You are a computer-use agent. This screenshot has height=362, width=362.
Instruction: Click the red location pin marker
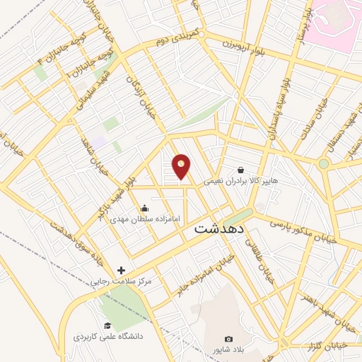(x=182, y=167)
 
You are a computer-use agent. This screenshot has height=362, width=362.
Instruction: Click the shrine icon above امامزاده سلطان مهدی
(x=145, y=208)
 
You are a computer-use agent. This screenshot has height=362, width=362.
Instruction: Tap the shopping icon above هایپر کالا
(x=242, y=170)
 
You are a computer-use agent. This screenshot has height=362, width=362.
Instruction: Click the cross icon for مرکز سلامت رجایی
(x=121, y=270)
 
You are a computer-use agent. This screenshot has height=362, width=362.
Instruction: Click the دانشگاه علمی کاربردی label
(x=108, y=337)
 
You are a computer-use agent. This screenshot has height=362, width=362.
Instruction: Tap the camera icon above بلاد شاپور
(x=228, y=339)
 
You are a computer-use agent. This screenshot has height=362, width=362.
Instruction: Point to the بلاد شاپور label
(x=228, y=350)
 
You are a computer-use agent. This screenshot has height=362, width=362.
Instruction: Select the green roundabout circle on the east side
(x=323, y=163)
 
